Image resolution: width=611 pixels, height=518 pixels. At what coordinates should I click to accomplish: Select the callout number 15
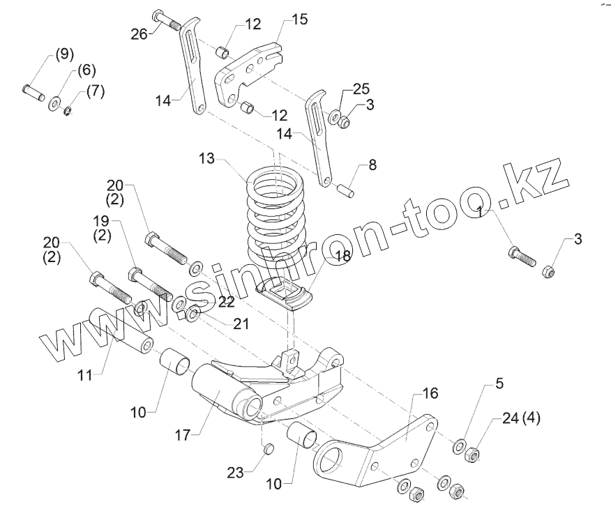coord(299,19)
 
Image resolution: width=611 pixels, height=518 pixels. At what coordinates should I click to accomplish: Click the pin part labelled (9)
coord(33,90)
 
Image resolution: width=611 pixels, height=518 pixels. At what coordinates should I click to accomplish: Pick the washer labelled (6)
coord(54,106)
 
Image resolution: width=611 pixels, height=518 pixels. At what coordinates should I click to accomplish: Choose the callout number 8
coord(372,165)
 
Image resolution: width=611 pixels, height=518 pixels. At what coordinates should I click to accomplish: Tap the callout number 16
coord(430,394)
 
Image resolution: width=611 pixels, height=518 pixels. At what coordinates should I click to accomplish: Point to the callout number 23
coord(234,473)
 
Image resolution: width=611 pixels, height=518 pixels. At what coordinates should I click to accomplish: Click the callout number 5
coord(499,383)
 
